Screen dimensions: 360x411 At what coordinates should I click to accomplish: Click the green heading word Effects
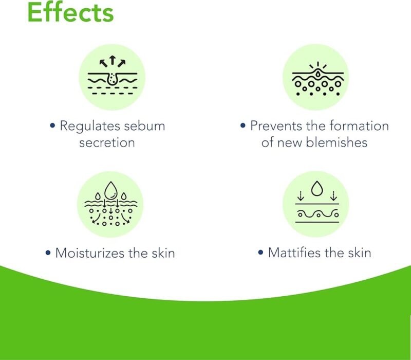[x=70, y=13]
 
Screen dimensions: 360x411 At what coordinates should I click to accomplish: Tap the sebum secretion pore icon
[x=111, y=77]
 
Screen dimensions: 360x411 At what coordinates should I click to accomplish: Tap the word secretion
[x=107, y=142]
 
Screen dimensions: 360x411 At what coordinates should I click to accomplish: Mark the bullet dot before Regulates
[x=53, y=127]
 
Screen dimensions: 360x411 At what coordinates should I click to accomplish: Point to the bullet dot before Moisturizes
[x=48, y=254]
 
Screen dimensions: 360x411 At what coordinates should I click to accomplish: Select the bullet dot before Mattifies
[x=261, y=254]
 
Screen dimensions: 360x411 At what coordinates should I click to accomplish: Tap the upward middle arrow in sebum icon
[x=112, y=61]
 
